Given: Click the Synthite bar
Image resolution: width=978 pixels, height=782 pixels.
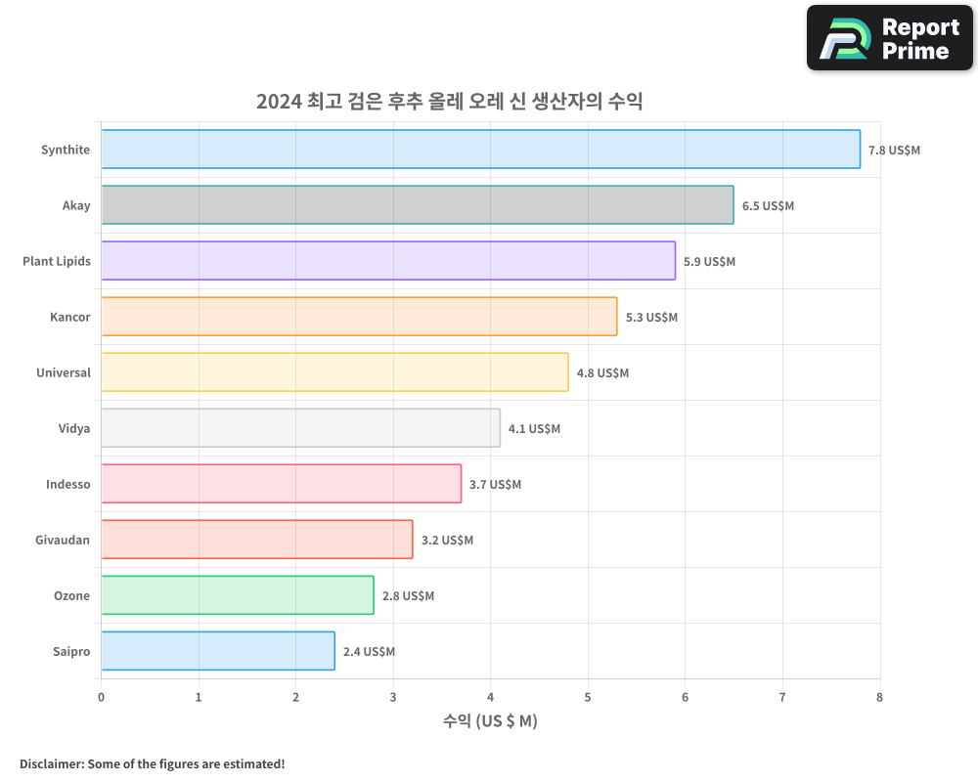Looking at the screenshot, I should [480, 150].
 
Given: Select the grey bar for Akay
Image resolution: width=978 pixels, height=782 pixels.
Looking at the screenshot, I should [417, 205].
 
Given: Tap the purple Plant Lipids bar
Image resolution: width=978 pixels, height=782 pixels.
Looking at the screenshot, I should [388, 261].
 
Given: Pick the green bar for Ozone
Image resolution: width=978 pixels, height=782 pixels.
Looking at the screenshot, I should [237, 595].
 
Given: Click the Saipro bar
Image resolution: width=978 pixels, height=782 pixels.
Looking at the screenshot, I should [217, 651].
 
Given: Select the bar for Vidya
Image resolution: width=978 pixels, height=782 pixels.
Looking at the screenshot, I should [300, 428].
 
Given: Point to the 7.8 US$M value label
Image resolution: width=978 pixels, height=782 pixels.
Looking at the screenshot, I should [894, 151].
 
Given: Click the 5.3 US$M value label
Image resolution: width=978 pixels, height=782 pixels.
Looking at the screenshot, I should [651, 318].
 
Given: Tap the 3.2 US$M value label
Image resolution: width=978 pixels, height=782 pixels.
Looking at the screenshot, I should [447, 541].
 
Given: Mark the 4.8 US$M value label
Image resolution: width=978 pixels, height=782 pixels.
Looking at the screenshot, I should [602, 373].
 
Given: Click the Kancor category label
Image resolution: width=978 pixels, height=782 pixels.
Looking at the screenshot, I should [69, 317].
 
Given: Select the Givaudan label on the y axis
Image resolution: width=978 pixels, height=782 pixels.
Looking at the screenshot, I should [63, 540].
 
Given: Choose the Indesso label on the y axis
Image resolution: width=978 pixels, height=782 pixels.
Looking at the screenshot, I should [67, 484].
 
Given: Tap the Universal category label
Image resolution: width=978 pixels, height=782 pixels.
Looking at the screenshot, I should [63, 372].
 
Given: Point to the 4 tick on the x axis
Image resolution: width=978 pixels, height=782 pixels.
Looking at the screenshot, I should [490, 697].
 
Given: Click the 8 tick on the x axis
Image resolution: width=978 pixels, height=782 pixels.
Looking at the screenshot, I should [879, 697].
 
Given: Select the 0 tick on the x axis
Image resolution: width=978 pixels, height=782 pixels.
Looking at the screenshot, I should [101, 697].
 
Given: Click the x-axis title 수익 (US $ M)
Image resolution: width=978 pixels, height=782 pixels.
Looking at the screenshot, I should [490, 721].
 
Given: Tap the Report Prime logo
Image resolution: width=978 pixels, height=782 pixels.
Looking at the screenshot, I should [889, 38].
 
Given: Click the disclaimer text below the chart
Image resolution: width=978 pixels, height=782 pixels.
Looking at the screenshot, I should [152, 763].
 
